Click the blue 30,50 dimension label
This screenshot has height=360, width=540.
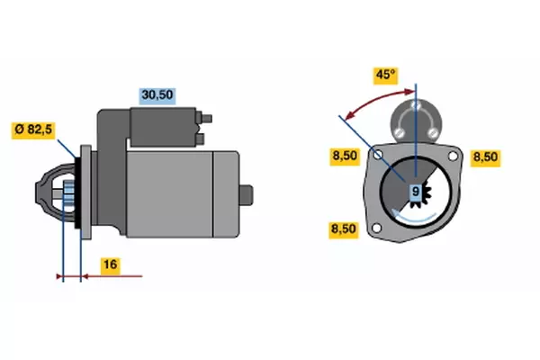tap(157, 95)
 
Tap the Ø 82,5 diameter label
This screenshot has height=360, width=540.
tap(33, 130)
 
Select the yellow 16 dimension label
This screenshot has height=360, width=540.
tap(111, 265)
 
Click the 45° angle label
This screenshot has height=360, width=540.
tap(386, 75)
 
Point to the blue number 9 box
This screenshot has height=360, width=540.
tap(416, 191)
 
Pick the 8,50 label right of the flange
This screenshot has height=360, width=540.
tap(486, 157)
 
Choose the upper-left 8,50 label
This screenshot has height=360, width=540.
tap(345, 156)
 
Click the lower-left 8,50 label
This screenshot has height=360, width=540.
tap(344, 229)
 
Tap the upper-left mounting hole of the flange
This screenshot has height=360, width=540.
tap(378, 154)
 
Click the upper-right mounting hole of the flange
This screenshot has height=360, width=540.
tap(453, 156)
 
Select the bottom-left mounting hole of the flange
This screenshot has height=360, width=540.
tap(377, 228)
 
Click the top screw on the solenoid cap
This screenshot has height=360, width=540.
tap(416, 104)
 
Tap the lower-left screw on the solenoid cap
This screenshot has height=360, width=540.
tap(399, 132)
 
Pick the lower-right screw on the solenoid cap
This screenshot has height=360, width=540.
tap(433, 132)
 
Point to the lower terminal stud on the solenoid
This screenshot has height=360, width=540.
tap(200, 139)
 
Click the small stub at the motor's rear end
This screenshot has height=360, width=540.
tap(247, 195)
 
